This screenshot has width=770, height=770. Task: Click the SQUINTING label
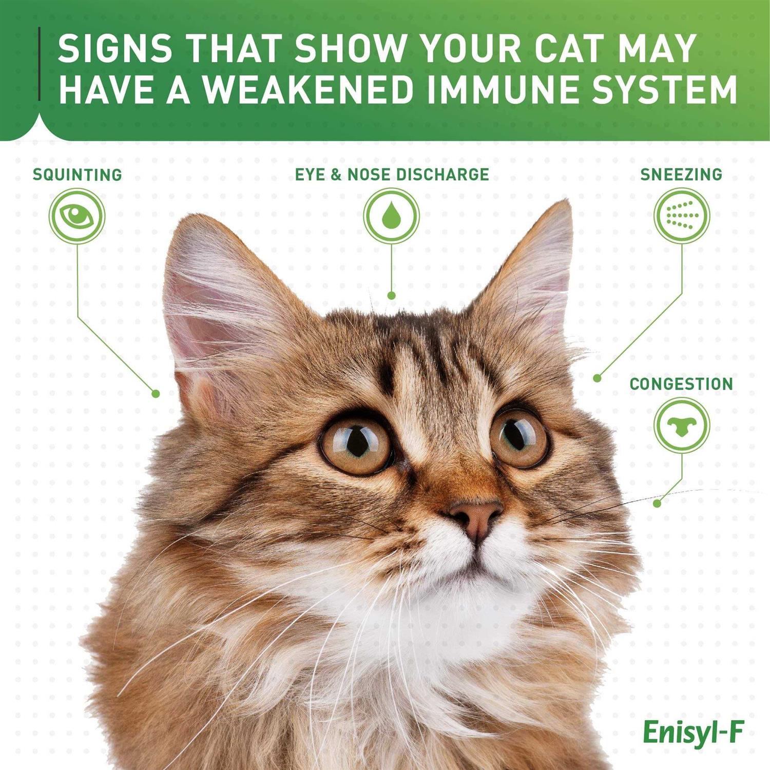click(77, 175)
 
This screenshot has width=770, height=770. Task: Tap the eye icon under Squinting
click(77, 216)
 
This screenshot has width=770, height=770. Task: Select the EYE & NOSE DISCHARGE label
click(392, 175)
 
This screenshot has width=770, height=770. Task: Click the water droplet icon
click(391, 216)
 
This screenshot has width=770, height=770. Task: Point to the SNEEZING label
click(681, 175)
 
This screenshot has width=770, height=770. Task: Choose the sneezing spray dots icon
click(682, 216)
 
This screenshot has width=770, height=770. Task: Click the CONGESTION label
click(681, 384)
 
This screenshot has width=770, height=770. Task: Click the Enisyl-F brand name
click(692, 733)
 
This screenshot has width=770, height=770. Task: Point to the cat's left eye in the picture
click(356, 444)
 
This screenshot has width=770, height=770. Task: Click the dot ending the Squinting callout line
click(156, 394)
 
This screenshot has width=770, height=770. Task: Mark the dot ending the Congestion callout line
click(657, 504)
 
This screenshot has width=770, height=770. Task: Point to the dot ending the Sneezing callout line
click(597, 378)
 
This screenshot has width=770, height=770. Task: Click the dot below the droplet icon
click(391, 296)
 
